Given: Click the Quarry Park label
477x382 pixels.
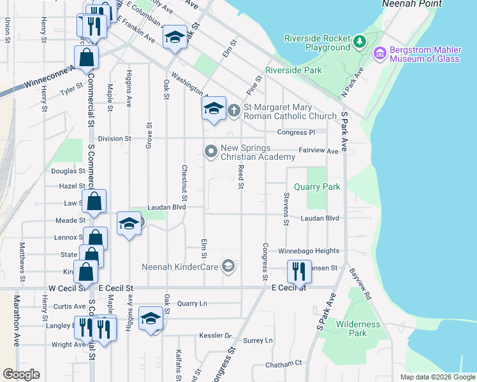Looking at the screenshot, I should click(x=317, y=187).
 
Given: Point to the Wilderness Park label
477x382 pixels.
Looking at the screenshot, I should click(x=358, y=329).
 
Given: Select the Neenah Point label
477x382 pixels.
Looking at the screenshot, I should click(x=408, y=4).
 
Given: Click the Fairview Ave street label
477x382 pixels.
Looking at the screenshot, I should click(x=319, y=151).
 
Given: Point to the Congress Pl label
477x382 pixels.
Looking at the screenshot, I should click(x=296, y=132).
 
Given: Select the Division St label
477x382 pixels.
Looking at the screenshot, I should click(x=114, y=138).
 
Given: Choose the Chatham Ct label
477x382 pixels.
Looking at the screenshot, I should click(x=284, y=363).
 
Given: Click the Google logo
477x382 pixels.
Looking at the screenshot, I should click(x=21, y=374).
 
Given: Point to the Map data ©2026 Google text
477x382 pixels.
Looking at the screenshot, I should click(x=437, y=377).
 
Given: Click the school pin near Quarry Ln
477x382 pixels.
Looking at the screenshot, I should click(x=150, y=319).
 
